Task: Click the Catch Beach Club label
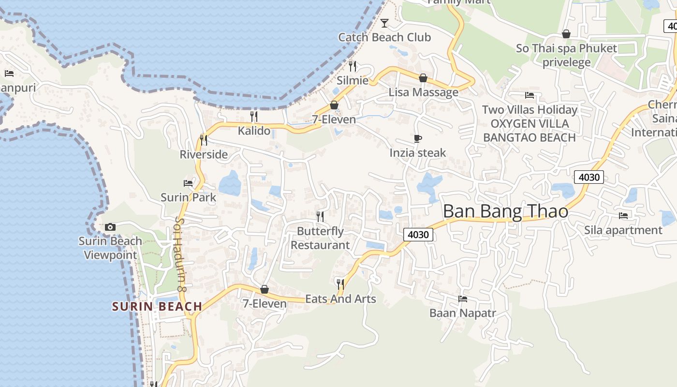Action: [384, 37]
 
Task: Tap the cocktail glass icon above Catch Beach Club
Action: [384, 23]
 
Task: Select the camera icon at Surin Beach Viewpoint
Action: [110, 227]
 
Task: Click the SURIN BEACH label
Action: [157, 306]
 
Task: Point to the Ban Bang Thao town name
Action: [505, 211]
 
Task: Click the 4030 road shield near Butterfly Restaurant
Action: [418, 235]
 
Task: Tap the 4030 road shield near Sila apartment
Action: [589, 177]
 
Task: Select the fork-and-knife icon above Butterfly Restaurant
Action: [320, 216]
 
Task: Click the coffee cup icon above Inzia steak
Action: [418, 139]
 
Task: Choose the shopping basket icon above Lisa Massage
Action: [423, 78]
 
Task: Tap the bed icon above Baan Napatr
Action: [463, 299]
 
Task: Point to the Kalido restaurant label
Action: [254, 131]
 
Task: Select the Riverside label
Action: [204, 154]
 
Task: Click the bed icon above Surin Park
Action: [188, 183]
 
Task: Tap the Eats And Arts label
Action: [340, 299]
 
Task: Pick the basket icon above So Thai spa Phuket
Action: [566, 34]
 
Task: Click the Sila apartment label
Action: [623, 230]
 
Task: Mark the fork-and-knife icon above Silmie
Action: [353, 66]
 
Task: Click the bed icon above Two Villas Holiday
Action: [530, 95]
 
